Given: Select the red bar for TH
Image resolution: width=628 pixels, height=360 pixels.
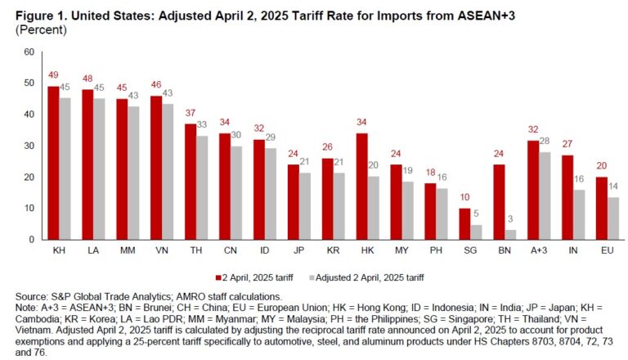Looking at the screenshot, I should [x=190, y=181].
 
